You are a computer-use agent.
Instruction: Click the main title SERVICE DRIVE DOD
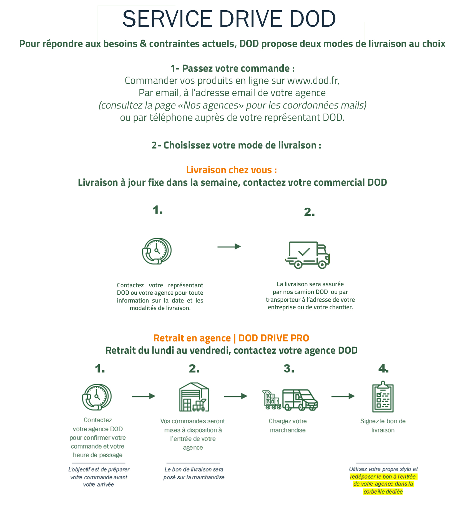[229, 19]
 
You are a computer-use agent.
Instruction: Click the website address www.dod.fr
[313, 80]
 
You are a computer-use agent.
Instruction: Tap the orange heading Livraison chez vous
[231, 170]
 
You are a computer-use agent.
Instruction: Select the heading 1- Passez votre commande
[232, 68]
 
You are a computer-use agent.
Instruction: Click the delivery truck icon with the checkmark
[307, 255]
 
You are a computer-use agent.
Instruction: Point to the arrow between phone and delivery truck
[229, 246]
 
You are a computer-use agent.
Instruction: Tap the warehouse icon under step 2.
[194, 397]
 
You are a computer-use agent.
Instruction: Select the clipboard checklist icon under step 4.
[383, 397]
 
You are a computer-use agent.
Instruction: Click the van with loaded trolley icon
[290, 400]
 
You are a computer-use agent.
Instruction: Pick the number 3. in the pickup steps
[289, 369]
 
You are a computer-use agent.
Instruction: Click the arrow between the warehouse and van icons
[236, 396]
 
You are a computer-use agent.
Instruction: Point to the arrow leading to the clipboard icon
[343, 396]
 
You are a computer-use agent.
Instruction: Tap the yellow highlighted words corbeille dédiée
[383, 492]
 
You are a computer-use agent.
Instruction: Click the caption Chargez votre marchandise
[288, 426]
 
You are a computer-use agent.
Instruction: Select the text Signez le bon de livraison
[383, 426]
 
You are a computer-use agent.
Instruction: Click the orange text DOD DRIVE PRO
[273, 338]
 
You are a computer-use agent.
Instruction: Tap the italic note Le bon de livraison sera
[194, 469]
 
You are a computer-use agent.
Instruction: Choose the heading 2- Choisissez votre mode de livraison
[236, 145]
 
